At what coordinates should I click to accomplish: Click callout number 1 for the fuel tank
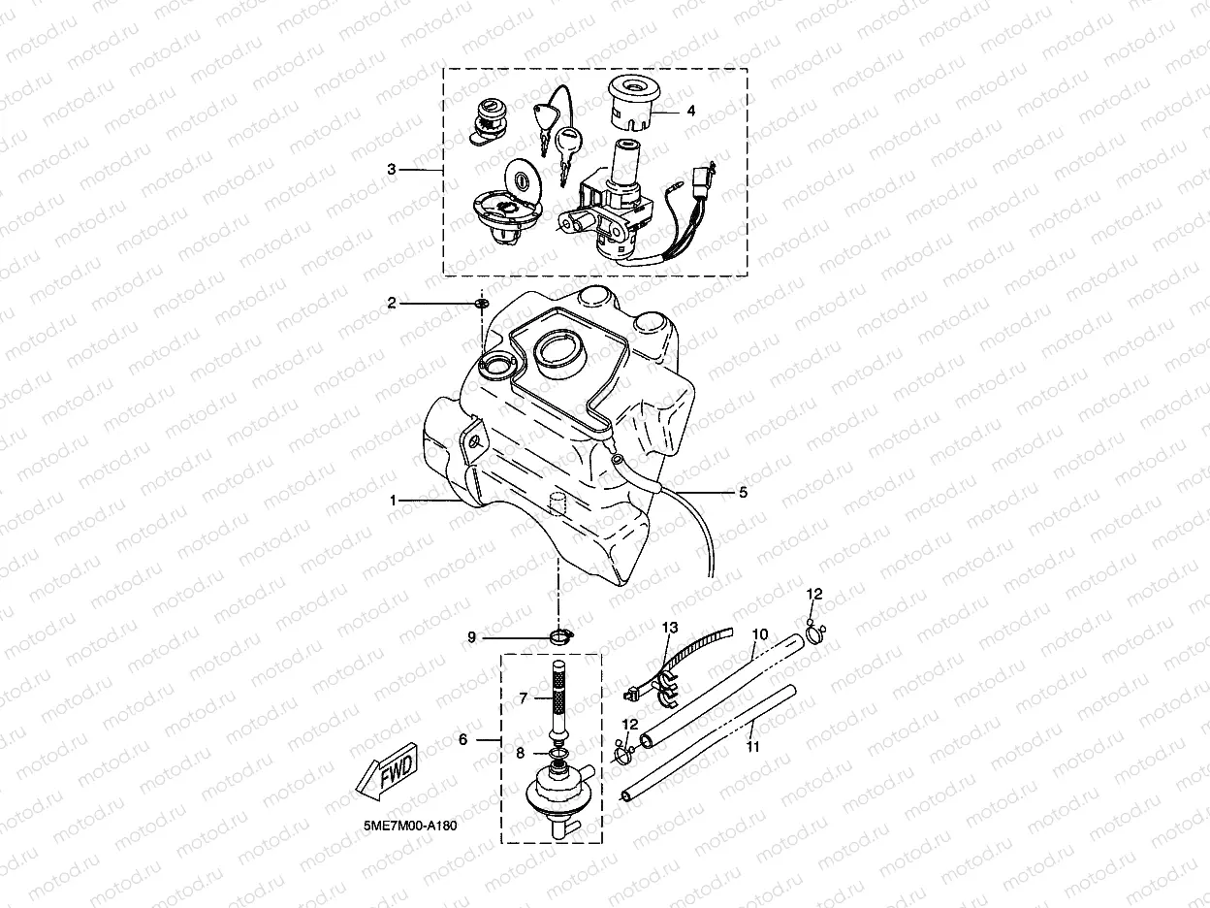(x=394, y=501)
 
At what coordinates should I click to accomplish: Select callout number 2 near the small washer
(x=392, y=304)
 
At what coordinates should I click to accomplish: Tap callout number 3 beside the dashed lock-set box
(x=392, y=170)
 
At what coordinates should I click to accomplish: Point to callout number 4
(x=691, y=112)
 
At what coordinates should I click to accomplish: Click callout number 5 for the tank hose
(x=744, y=493)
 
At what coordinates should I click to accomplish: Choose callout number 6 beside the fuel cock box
(x=462, y=739)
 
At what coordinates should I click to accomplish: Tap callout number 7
(x=523, y=697)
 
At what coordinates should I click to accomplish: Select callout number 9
(x=472, y=637)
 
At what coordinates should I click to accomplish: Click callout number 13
(x=668, y=629)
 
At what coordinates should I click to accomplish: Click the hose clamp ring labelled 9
(x=560, y=636)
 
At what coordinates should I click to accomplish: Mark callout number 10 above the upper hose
(x=760, y=634)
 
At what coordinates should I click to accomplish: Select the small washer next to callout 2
(x=481, y=305)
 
